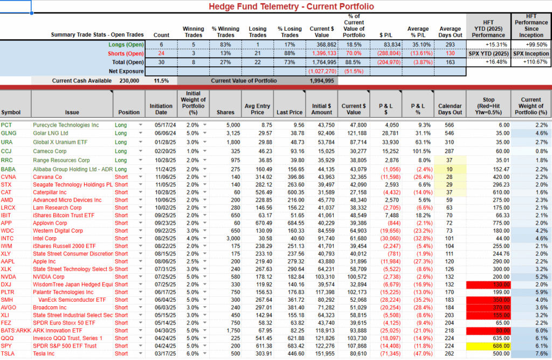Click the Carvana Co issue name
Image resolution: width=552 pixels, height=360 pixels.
point(47,177)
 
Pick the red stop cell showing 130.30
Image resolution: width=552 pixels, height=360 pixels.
point(502,285)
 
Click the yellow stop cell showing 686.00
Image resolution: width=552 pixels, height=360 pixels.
point(502,345)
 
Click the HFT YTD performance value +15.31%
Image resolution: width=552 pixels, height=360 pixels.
point(488,45)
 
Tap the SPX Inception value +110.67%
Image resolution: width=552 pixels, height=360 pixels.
point(530,63)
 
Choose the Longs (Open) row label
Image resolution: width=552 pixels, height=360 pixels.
point(126,45)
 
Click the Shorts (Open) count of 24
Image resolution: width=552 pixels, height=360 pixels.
point(161,53)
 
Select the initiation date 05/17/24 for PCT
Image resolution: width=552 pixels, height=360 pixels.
point(162,124)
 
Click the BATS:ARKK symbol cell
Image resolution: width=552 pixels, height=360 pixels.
point(15,330)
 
